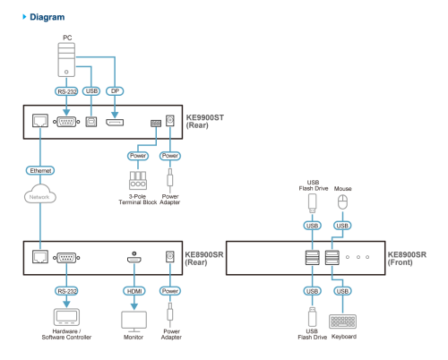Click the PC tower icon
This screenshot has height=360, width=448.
tap(66, 60)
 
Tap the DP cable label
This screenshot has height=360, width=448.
tap(115, 91)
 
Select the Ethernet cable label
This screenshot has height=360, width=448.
tap(40, 170)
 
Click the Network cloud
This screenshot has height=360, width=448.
tap(40, 194)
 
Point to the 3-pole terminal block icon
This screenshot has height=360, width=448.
tap(138, 180)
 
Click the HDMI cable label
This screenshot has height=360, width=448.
tap(134, 291)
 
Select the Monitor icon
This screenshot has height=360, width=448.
tap(134, 321)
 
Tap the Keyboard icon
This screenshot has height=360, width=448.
tap(343, 321)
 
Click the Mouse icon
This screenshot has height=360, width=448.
tap(342, 202)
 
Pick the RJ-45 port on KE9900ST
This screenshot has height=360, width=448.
tap(40, 121)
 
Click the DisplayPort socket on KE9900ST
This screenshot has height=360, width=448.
tap(115, 122)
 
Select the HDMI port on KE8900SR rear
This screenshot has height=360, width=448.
tap(134, 259)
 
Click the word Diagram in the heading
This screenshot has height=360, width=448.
tap(47, 17)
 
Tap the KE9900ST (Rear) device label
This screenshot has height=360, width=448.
tap(205, 122)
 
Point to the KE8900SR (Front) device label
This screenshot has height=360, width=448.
tap(407, 259)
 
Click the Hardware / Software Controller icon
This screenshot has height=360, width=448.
tap(66, 317)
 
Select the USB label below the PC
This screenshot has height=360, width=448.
tap(91, 91)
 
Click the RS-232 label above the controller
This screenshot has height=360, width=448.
tap(66, 291)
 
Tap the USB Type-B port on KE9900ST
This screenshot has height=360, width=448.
tap(91, 122)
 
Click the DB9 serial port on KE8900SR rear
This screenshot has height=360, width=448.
tap(66, 257)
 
